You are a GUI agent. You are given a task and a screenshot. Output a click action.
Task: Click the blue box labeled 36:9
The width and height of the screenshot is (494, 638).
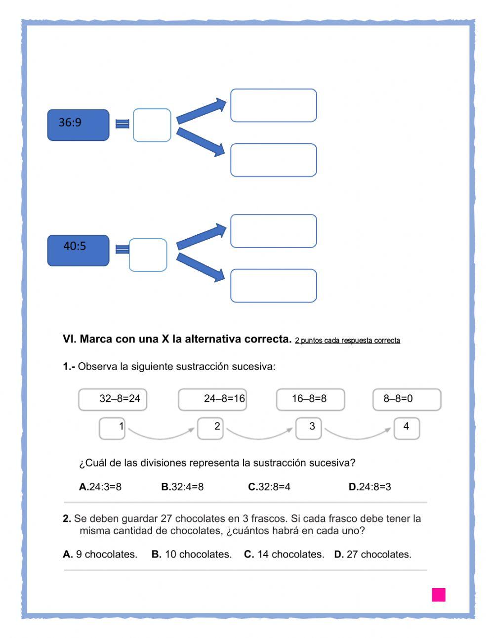point(78,125)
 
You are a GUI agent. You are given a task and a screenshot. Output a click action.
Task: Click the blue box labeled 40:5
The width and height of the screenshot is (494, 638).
point(78,251)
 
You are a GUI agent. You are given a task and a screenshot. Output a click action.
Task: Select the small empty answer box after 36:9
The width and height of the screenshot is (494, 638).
point(152,125)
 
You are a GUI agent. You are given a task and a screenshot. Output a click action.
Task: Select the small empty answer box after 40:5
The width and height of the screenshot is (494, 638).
point(148,255)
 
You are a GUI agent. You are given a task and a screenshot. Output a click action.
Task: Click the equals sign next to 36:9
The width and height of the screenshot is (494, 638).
point(122,124)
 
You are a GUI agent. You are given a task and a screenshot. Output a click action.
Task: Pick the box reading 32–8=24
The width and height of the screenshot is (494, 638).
point(113,399)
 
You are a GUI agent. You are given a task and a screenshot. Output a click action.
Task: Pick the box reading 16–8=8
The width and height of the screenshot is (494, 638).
point(310,399)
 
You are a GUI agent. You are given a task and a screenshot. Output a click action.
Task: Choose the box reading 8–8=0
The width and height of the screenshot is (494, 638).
point(407,399)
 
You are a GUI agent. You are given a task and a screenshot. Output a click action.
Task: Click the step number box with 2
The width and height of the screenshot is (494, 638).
point(210,428)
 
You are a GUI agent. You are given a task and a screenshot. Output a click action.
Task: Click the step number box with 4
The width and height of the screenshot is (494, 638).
point(407,428)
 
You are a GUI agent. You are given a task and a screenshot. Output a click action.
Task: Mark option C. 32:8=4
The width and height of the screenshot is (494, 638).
point(269,487)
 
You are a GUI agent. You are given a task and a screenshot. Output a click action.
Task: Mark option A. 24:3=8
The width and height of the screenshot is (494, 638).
point(100,487)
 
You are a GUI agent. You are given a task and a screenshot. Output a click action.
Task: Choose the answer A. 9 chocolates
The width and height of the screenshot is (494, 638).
point(100,554)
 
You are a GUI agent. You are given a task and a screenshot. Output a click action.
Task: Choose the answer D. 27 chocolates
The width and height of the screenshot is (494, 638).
point(373,554)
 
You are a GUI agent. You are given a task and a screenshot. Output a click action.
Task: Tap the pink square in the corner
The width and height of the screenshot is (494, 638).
point(439,595)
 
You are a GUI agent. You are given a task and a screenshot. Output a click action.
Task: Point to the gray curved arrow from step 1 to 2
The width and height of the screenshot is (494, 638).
point(161,435)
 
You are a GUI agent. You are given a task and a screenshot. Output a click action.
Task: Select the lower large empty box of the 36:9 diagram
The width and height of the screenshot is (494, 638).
point(273,160)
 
